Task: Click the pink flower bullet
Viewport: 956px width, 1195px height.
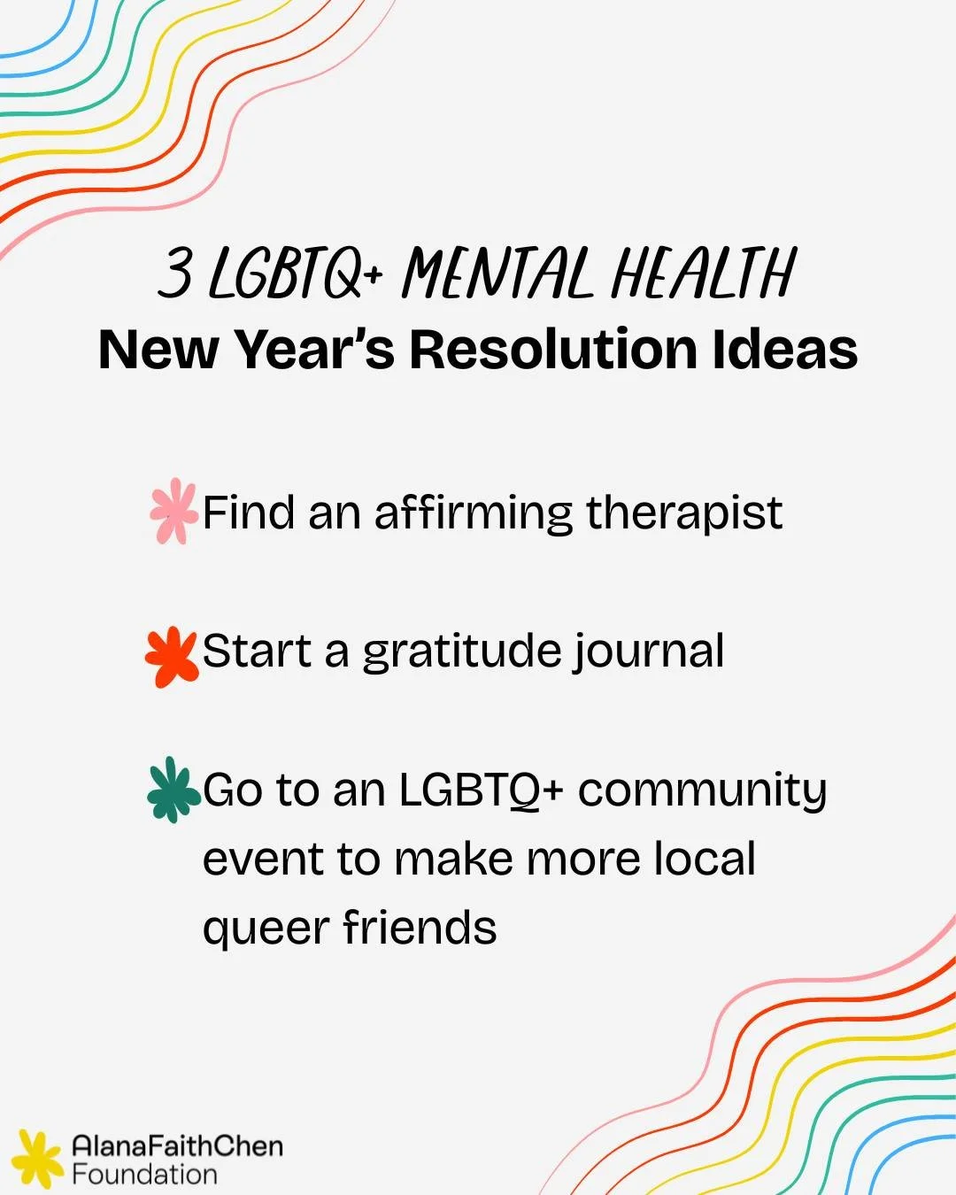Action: coord(173,512)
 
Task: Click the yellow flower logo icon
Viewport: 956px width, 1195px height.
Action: coord(37,1159)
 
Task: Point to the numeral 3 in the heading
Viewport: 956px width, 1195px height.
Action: coord(175,273)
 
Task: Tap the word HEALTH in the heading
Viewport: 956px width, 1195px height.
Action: coord(704,273)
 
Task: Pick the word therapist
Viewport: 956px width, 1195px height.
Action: coord(684,513)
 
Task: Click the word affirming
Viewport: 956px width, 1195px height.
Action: coord(474,514)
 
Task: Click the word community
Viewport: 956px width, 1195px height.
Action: coord(702,790)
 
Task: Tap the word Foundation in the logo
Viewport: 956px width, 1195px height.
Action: coord(144,1175)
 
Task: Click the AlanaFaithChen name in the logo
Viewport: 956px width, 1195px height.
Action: coord(177,1145)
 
